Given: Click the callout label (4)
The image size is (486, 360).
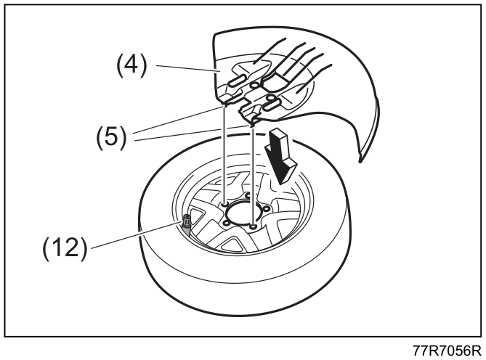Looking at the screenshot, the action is tap(131, 65).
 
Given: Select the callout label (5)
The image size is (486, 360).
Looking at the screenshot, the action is tap(111, 137).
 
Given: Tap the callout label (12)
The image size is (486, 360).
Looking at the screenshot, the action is tap(65, 247).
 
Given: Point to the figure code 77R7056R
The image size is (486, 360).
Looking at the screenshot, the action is tap(446, 351).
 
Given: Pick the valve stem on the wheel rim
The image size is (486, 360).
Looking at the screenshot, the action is tap(187, 224).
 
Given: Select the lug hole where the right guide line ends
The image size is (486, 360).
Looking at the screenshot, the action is tap(254, 227).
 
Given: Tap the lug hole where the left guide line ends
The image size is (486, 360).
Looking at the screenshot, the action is tap(224, 204).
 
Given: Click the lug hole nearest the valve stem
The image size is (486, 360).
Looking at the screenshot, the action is tap(226, 223).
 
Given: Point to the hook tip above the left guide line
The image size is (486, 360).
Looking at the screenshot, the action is tap(224, 106).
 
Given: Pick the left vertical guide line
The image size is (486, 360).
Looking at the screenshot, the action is tap(224, 155).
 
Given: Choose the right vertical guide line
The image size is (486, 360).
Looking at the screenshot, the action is tap(254, 176).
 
